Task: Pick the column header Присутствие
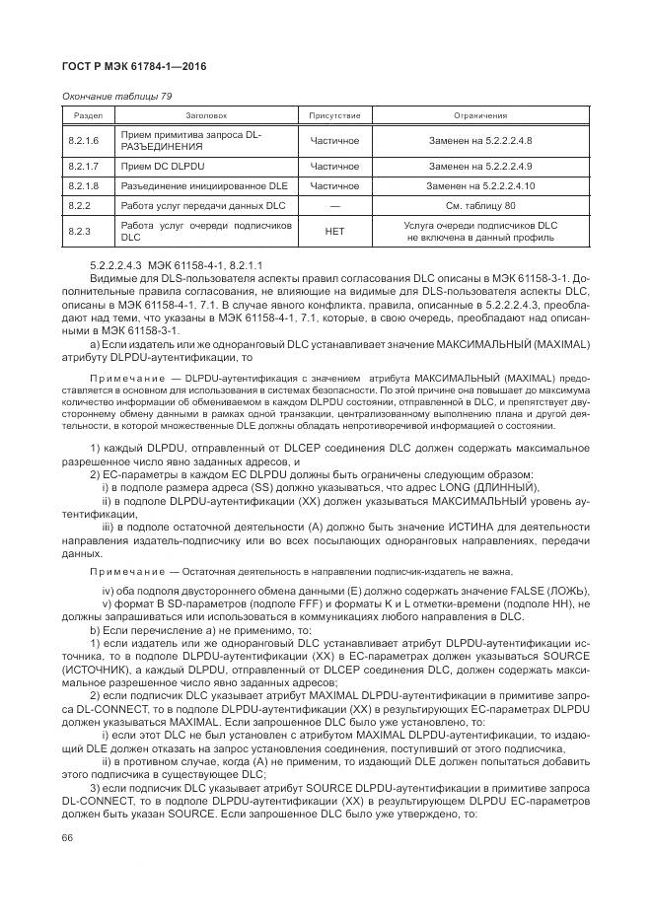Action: click(x=334, y=115)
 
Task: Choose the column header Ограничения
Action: click(x=480, y=115)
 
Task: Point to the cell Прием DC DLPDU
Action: click(x=161, y=165)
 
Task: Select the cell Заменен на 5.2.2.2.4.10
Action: click(x=480, y=185)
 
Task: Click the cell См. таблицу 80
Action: click(x=480, y=206)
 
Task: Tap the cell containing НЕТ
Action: click(x=334, y=232)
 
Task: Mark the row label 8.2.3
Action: click(x=79, y=232)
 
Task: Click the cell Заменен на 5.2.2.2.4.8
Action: click(x=480, y=140)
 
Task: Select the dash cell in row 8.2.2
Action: click(x=334, y=206)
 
